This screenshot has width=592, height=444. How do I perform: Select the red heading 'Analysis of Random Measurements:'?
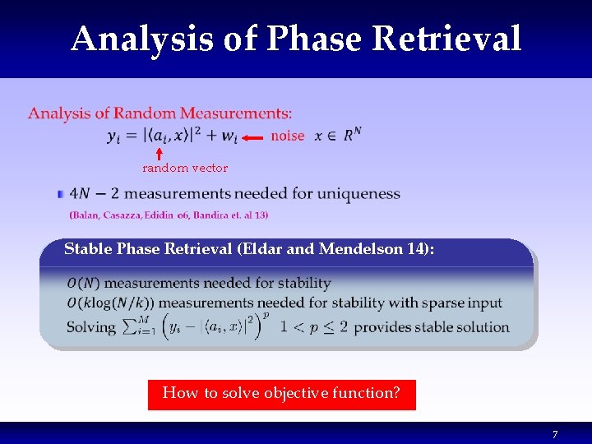(160, 113)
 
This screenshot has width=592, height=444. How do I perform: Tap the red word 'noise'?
(287, 136)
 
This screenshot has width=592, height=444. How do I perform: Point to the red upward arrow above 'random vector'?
(159, 154)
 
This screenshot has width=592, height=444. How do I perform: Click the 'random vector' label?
(185, 168)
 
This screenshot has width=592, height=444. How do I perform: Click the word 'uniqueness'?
(359, 195)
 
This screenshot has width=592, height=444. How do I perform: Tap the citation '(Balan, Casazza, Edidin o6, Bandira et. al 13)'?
(169, 215)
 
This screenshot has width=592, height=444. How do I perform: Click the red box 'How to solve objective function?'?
(281, 394)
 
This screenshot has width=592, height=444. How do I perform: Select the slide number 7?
(554, 434)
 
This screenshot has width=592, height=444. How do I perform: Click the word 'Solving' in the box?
(90, 326)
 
